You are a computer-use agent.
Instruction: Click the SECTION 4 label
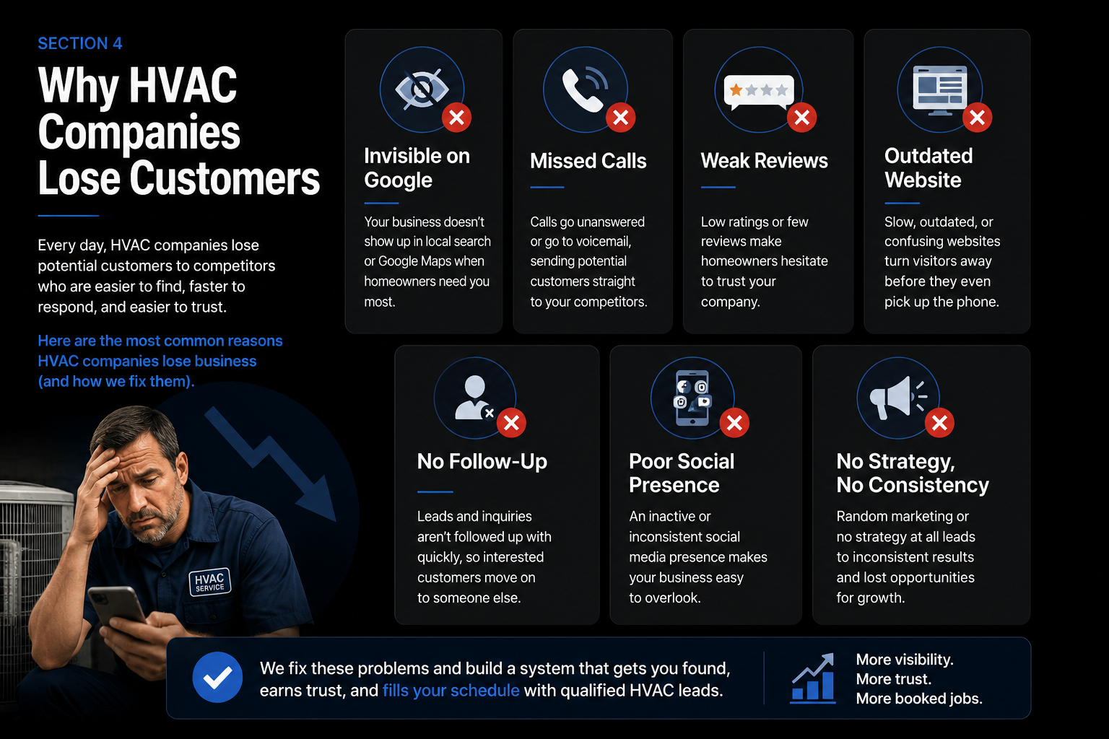point(79,43)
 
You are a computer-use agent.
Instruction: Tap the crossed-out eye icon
point(422,89)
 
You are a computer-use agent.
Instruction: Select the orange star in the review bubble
point(736,90)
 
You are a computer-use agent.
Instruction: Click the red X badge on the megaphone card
point(939,423)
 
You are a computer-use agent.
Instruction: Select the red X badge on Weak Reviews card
point(801,118)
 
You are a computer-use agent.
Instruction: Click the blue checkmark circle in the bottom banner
point(217,677)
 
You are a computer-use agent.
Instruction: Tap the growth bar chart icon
point(813,678)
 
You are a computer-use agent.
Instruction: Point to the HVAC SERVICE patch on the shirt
point(210,582)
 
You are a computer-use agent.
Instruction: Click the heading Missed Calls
point(588,161)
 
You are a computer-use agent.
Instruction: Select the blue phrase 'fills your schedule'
point(451,690)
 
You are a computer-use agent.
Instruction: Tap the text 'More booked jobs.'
point(919,699)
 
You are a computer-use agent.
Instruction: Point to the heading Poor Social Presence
point(682,473)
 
